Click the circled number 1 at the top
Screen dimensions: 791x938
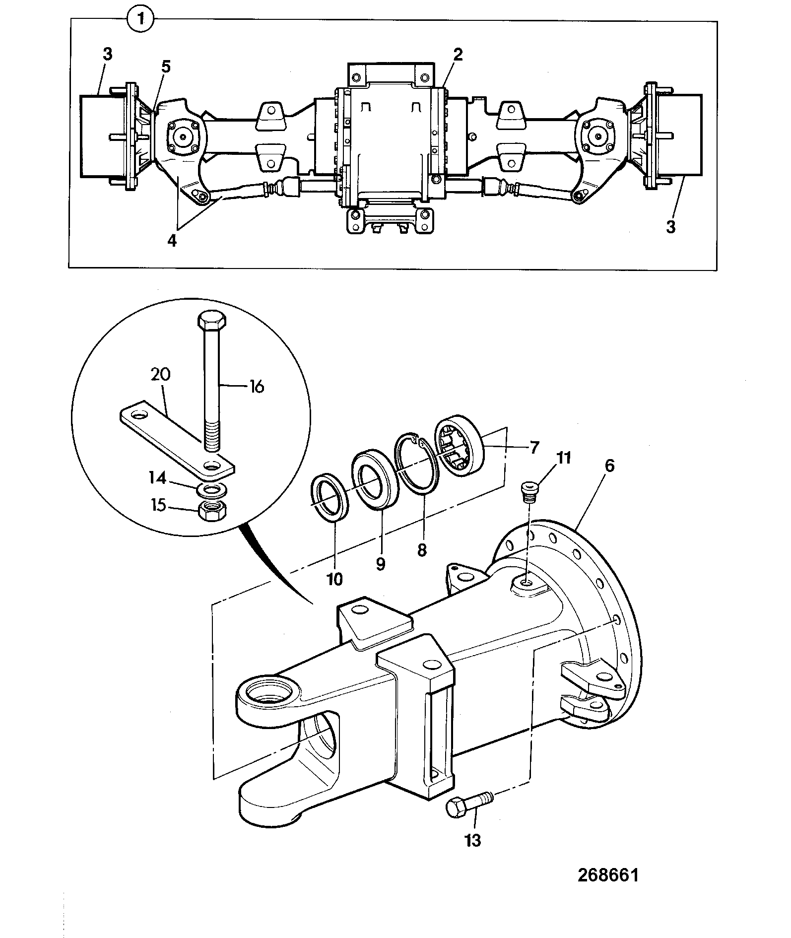click(x=141, y=20)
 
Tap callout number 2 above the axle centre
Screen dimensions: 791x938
click(x=458, y=54)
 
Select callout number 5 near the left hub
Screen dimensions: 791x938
click(x=166, y=67)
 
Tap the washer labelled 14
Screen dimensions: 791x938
click(x=212, y=490)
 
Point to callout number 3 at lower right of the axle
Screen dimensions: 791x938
click(x=670, y=227)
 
